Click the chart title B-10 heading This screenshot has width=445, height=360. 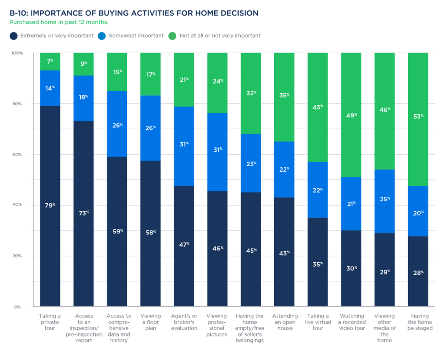(x=133, y=13)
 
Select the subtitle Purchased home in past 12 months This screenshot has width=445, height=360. (x=59, y=22)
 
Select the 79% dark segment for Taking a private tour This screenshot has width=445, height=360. (x=50, y=206)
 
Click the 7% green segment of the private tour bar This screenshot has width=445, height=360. (x=50, y=62)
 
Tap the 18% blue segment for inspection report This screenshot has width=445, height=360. (x=83, y=98)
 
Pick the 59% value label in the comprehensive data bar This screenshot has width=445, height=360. (x=117, y=231)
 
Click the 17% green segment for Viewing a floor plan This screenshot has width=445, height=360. (x=150, y=74)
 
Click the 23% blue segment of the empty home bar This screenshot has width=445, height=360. (x=251, y=163)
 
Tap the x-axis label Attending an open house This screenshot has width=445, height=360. (x=285, y=322)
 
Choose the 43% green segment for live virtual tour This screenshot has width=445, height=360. (x=318, y=107)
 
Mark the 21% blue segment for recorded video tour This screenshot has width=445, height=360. (x=351, y=203)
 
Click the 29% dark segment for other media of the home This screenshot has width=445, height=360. (x=385, y=270)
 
